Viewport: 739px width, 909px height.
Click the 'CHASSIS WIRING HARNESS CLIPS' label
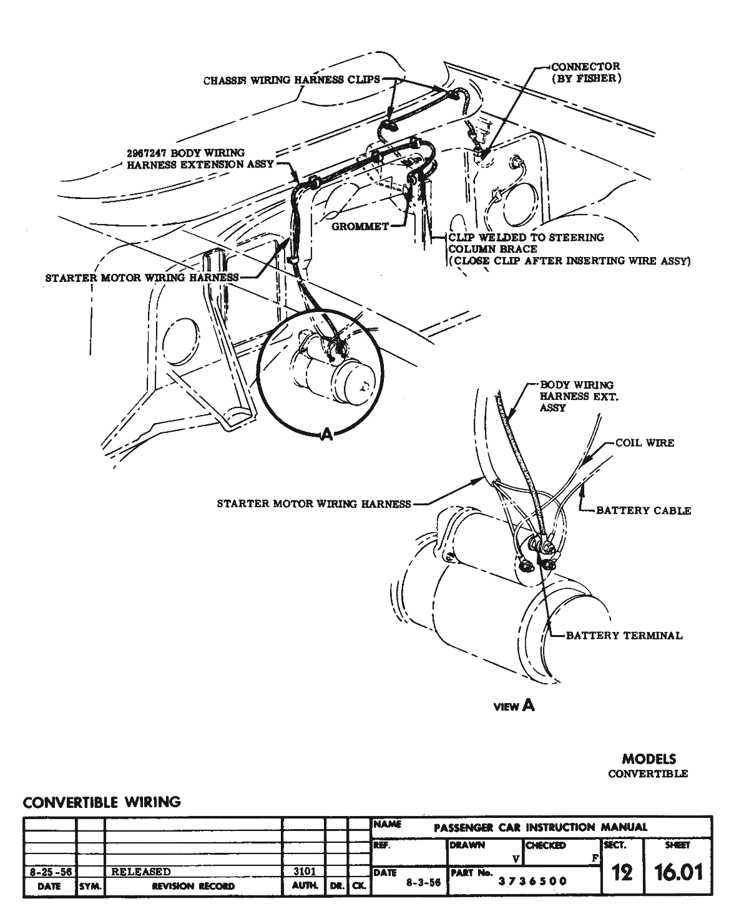point(291,80)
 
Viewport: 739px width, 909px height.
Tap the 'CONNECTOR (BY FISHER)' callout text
point(585,72)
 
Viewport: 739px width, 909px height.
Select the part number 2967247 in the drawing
point(147,153)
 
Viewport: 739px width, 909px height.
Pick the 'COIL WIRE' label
point(644,442)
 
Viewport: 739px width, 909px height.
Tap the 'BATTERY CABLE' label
point(644,510)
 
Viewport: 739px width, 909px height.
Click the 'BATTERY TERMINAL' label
point(624,636)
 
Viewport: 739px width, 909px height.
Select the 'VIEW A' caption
point(514,706)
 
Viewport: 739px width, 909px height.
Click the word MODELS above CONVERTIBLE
point(648,759)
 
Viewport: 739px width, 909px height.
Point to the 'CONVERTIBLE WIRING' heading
point(102,802)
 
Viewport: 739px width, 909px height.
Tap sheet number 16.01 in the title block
point(678,872)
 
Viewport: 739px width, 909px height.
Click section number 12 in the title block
point(622,872)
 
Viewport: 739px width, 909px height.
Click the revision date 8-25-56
point(49,872)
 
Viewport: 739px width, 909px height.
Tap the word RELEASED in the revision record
point(140,872)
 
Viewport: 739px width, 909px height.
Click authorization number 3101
point(303,872)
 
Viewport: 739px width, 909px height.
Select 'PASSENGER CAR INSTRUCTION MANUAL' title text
point(540,827)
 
